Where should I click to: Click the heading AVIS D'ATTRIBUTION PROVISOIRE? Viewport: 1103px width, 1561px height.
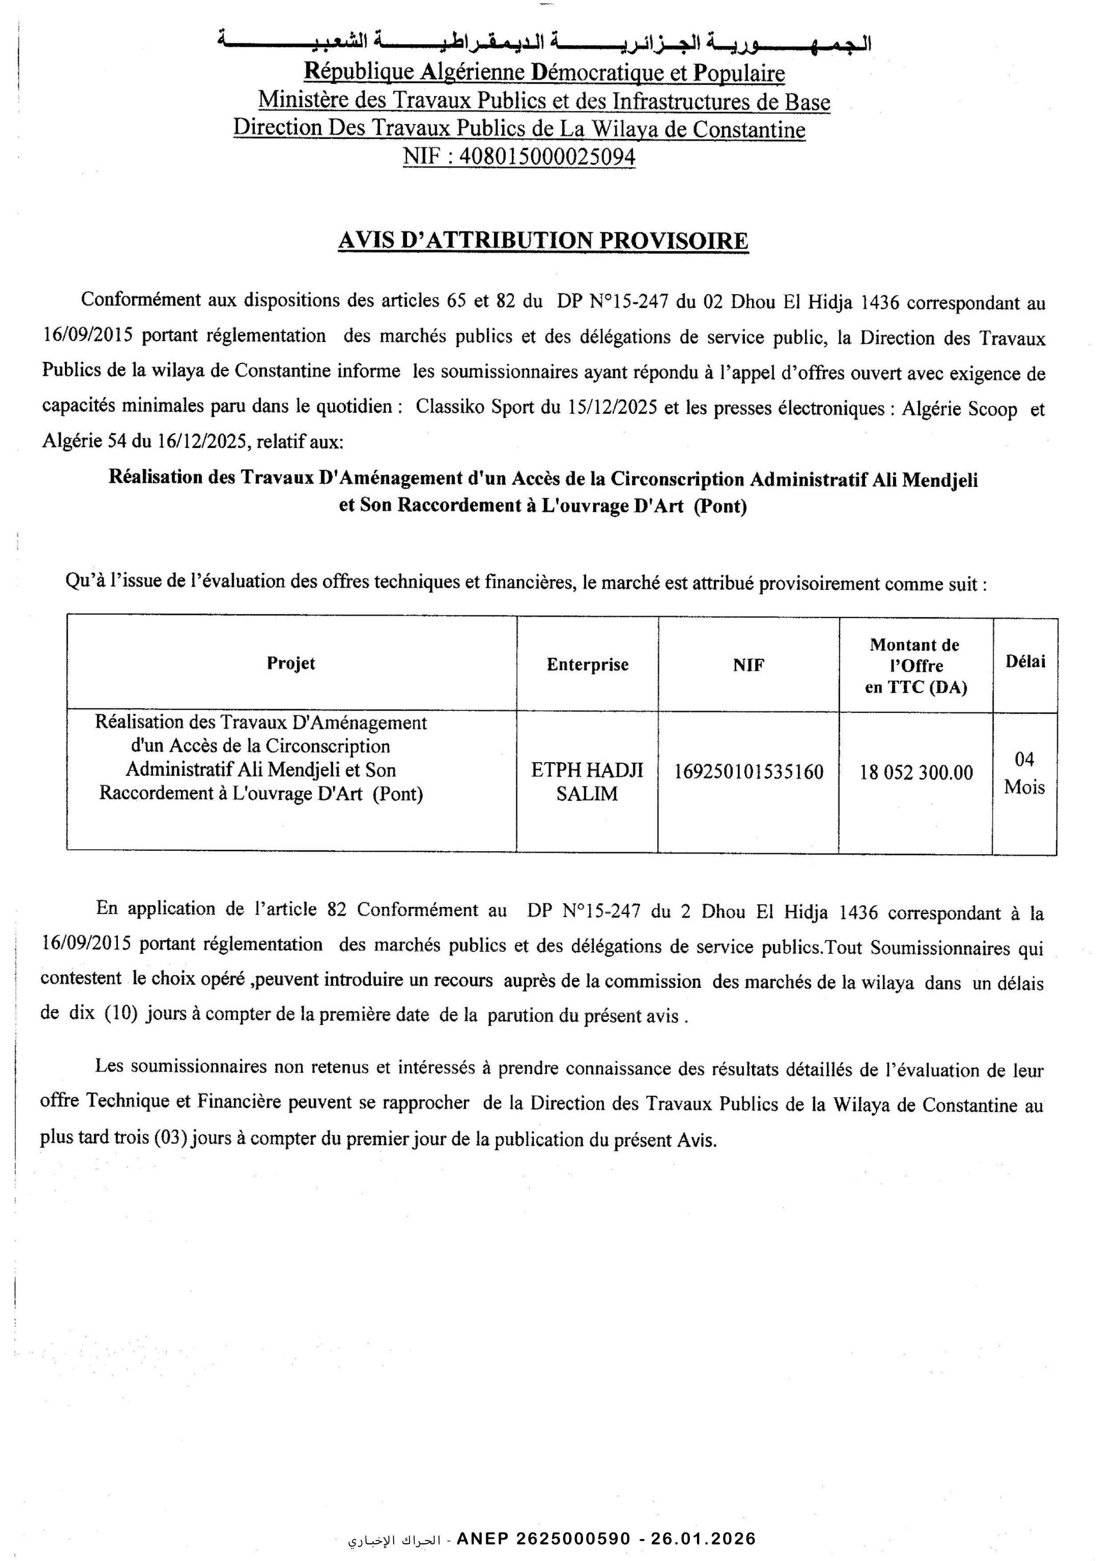click(x=543, y=241)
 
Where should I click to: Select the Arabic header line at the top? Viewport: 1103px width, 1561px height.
click(x=543, y=42)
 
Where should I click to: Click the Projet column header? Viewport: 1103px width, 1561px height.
click(x=291, y=663)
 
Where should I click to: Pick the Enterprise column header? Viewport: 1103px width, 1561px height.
click(x=587, y=664)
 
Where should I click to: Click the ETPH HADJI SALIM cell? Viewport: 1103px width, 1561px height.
click(x=587, y=782)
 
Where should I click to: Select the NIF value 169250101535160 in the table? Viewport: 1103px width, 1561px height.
click(x=748, y=772)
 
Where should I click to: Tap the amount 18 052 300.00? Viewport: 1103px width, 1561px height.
click(x=916, y=772)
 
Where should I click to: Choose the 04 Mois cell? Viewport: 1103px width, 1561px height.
click(x=1024, y=773)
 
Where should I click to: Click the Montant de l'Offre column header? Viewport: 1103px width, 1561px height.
click(x=915, y=666)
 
